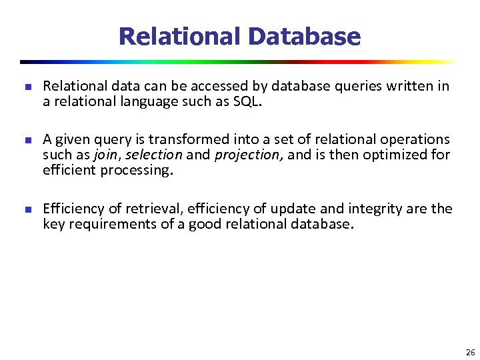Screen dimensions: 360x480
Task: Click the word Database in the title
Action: point(303,36)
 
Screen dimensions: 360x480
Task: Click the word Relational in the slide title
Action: point(177,36)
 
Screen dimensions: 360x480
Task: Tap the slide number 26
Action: point(470,353)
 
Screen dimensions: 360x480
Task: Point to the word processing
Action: point(136,170)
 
